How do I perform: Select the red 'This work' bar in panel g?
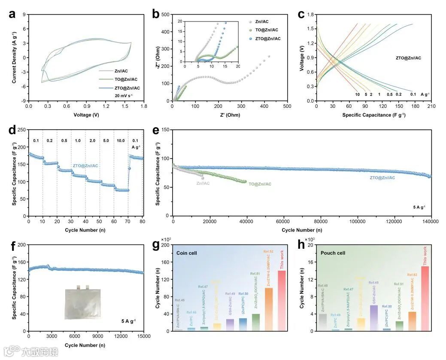point(282,301)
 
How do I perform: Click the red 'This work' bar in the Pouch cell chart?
point(425,299)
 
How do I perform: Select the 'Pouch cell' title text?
point(334,253)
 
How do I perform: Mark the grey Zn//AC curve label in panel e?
point(203,183)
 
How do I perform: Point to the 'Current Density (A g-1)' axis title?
point(15,58)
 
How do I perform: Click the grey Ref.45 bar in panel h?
point(323,322)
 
